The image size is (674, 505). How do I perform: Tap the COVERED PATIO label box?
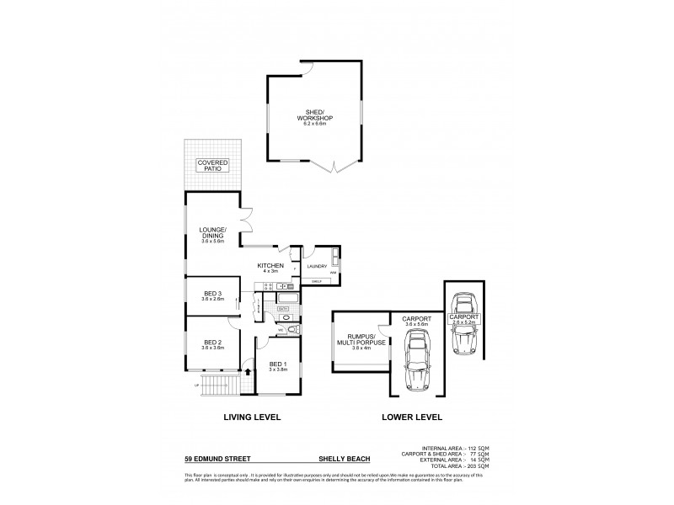211,165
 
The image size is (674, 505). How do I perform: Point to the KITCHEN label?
270,268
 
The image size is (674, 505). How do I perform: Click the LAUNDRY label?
317,267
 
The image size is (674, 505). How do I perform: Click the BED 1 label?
278,366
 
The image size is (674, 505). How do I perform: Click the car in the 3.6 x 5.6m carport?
418,362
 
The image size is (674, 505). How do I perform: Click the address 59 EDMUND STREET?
214,460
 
